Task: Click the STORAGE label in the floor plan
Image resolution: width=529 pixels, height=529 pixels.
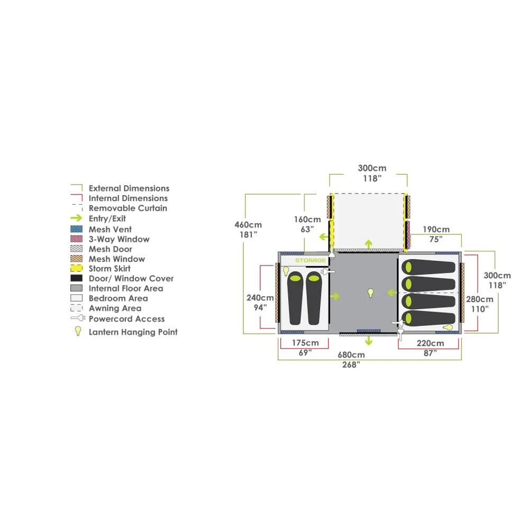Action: [x=311, y=260]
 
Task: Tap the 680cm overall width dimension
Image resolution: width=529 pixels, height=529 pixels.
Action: [x=351, y=355]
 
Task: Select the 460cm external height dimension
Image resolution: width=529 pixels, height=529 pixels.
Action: [x=248, y=225]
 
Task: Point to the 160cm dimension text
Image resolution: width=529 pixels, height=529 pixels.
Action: [x=307, y=220]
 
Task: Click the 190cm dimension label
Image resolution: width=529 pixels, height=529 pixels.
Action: [x=436, y=230]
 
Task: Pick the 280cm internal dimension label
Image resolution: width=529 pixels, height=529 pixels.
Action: [x=480, y=299]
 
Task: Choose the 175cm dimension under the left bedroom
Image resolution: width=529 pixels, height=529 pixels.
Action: [x=305, y=343]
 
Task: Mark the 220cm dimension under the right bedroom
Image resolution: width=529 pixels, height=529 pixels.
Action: [x=430, y=343]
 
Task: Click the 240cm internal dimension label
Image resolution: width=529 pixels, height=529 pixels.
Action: [x=260, y=297]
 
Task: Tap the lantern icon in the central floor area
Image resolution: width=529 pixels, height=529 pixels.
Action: [x=370, y=293]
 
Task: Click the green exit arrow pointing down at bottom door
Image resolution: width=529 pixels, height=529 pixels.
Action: [x=368, y=341]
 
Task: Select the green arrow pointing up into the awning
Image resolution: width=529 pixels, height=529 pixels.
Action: [x=368, y=244]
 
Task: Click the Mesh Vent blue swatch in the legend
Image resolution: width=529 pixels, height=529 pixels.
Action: [x=77, y=229]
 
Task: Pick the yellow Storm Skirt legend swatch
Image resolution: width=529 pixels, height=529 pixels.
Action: [x=77, y=269]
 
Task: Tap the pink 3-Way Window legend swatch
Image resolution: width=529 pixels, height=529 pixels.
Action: [x=77, y=239]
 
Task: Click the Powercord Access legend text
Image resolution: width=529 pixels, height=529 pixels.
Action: [x=126, y=319]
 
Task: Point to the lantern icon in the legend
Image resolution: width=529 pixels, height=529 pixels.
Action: [x=78, y=331]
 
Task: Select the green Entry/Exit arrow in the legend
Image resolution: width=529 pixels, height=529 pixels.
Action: [x=76, y=218]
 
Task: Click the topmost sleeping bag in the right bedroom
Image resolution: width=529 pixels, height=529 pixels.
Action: [x=428, y=268]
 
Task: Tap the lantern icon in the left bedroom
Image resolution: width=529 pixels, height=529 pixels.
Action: [x=286, y=271]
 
